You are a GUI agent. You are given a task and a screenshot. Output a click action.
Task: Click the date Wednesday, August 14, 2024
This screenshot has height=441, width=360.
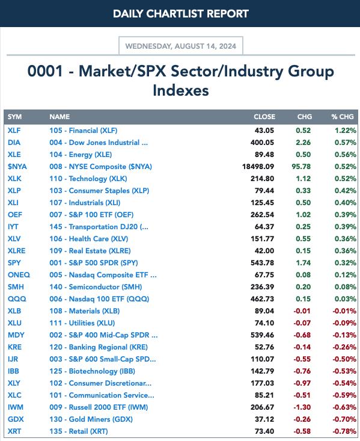181,46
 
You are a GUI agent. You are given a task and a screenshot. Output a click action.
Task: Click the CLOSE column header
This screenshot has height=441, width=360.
264,117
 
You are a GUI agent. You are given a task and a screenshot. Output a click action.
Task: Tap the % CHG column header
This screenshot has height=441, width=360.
343,117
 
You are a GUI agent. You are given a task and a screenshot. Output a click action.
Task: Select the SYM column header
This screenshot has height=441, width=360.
14,117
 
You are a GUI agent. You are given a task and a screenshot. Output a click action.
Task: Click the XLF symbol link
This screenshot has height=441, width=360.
14,131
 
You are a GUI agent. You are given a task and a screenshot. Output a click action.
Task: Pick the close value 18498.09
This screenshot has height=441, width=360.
258,167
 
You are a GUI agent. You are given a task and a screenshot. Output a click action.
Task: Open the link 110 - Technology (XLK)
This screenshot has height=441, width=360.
88,179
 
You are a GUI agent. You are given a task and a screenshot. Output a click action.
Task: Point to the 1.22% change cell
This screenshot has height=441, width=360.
346,131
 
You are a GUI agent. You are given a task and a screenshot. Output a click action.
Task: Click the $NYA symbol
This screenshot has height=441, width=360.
17,167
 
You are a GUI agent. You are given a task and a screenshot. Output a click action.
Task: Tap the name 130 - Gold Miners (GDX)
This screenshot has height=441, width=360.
91,419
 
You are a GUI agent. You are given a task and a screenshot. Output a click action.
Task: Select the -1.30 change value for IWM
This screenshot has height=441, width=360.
302,407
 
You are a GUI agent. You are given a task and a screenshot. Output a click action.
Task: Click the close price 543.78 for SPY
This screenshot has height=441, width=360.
262,263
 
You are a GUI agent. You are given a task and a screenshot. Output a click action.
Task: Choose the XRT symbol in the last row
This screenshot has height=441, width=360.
14,431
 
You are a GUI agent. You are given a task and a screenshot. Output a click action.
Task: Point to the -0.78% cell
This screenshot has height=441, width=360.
344,431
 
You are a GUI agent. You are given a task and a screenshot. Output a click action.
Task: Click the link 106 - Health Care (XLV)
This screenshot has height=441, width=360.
89,239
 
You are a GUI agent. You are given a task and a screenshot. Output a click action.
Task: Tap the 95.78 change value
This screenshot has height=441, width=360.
301,167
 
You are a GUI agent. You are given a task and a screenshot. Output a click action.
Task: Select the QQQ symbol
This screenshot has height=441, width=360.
17,299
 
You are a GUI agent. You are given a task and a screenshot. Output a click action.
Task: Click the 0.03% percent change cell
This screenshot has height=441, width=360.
346,299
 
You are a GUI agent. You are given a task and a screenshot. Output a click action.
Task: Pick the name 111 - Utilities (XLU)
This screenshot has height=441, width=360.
82,323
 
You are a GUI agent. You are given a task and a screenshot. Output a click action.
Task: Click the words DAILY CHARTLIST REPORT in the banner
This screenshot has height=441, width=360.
181,14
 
